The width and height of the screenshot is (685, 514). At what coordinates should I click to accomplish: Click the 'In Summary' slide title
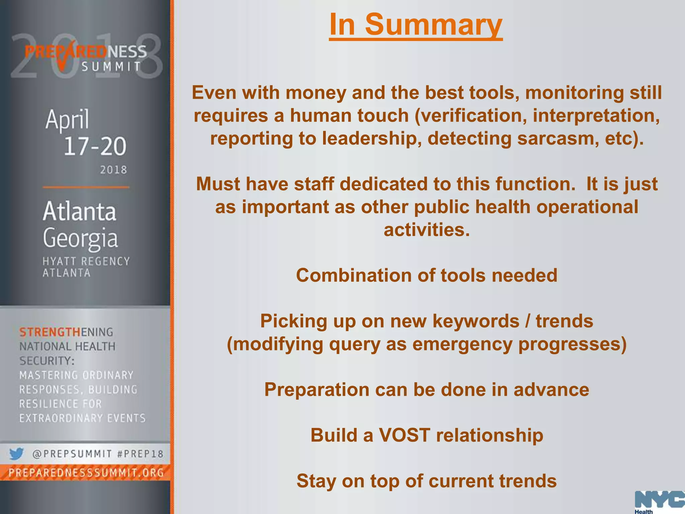click(x=416, y=25)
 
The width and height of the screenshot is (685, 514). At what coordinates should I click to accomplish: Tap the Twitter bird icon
click(x=16, y=454)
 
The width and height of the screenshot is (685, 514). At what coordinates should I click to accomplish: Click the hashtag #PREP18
click(x=140, y=454)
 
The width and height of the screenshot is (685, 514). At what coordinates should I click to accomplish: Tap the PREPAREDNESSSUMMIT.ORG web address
click(x=86, y=473)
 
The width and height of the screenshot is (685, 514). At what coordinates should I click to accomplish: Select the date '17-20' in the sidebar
click(x=95, y=146)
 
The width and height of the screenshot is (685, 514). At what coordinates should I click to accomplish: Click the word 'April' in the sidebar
click(x=67, y=119)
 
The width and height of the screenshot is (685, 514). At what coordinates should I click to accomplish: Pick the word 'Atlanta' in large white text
click(x=80, y=211)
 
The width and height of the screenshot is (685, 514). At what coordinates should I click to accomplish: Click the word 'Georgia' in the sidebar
click(x=80, y=238)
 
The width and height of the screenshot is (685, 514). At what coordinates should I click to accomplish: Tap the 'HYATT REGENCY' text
click(x=86, y=261)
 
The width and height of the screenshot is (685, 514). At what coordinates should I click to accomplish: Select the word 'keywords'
click(x=476, y=321)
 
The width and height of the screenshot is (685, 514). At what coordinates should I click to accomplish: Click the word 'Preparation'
click(x=319, y=390)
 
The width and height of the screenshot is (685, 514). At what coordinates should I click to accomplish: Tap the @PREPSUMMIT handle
click(x=72, y=454)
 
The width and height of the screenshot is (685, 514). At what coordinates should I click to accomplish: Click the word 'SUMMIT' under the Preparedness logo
click(x=111, y=67)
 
